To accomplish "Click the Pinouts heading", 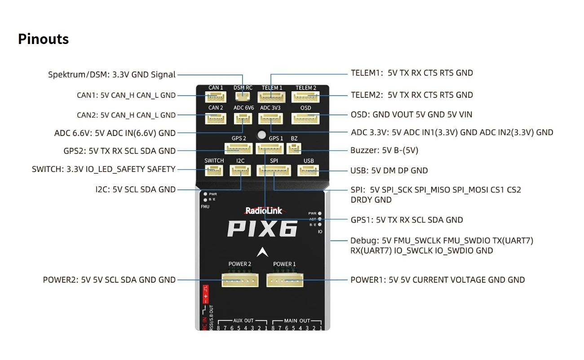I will pyautogui.click(x=43, y=39).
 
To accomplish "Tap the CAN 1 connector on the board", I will pyautogui.click(x=216, y=97).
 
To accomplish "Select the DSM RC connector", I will pyautogui.click(x=243, y=96).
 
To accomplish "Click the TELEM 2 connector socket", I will pyautogui.click(x=305, y=97).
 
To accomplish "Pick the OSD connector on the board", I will pyautogui.click(x=305, y=118).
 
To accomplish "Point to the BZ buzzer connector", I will pyautogui.click(x=294, y=149).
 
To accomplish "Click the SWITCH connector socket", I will pyautogui.click(x=214, y=171).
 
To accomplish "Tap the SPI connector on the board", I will pyautogui.click(x=274, y=171).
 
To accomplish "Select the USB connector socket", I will pyautogui.click(x=308, y=171).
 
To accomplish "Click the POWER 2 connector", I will pyautogui.click(x=239, y=280).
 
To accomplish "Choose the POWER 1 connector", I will pyautogui.click(x=285, y=280).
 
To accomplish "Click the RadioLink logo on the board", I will pyautogui.click(x=263, y=211).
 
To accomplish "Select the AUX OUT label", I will pyautogui.click(x=243, y=321).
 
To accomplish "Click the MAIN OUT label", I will pyautogui.click(x=297, y=321).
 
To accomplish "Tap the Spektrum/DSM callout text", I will pyautogui.click(x=112, y=75).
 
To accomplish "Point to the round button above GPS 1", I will pyautogui.click(x=261, y=134).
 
